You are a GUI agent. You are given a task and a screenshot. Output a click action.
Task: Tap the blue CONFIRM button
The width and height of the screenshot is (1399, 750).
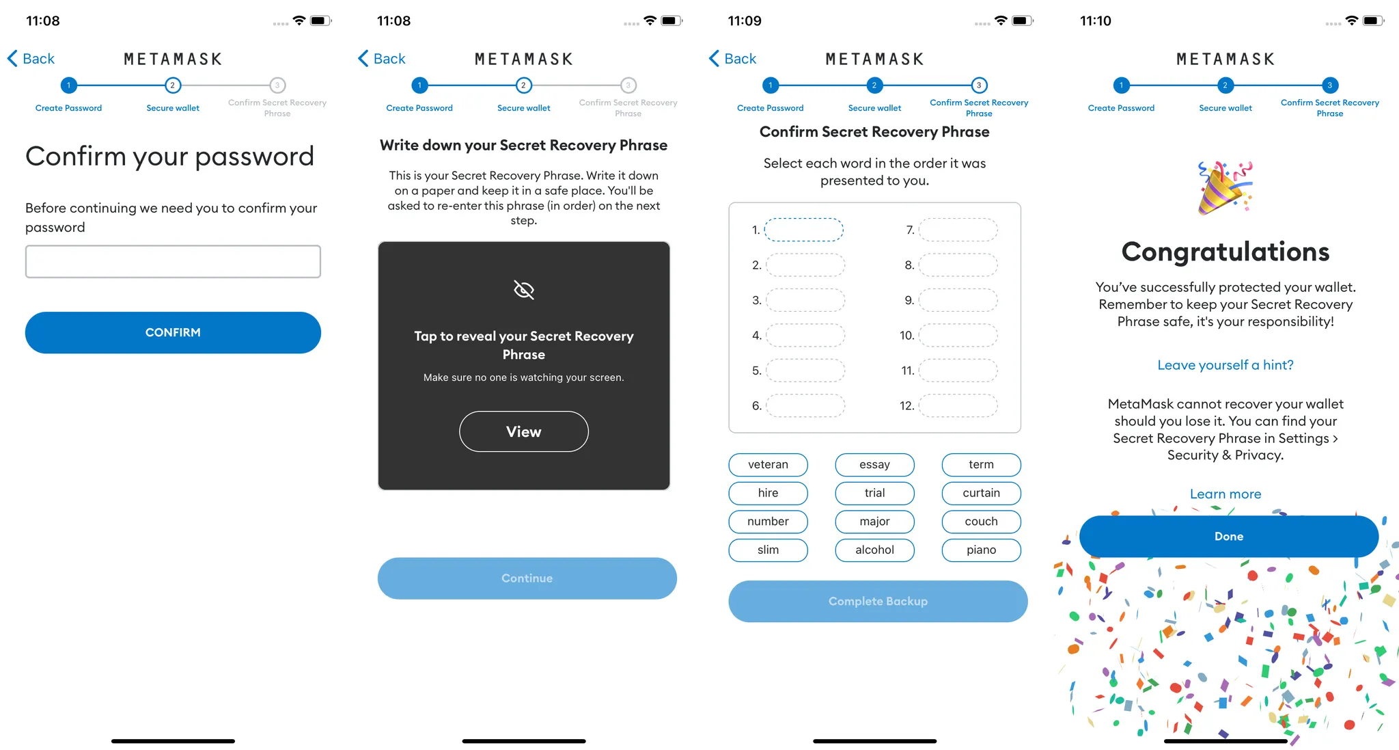coord(173,332)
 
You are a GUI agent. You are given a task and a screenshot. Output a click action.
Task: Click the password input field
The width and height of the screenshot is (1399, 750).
coord(173,261)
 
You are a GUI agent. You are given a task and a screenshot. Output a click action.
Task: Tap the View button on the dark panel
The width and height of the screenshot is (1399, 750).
coord(524,431)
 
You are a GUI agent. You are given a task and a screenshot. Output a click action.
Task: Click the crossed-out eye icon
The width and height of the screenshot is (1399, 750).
coord(524,290)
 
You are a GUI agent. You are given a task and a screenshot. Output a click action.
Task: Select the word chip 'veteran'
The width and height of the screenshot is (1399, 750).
coord(768,464)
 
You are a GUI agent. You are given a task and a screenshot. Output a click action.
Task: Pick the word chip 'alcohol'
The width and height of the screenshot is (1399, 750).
coord(874,550)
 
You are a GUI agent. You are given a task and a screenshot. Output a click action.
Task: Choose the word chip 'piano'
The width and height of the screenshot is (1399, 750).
coord(981,550)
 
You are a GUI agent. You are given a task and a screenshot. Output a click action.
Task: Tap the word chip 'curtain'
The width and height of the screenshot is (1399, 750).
coord(981,493)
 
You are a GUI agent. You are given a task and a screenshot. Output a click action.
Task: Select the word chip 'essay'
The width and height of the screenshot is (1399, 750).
coord(874,464)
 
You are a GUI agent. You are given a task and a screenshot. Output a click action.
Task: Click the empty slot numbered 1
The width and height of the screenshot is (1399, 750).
coord(804,230)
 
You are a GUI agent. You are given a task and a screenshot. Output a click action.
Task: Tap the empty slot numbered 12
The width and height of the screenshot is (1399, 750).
coord(958,405)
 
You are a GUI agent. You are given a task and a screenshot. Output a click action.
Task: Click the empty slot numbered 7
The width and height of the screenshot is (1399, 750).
coord(958,230)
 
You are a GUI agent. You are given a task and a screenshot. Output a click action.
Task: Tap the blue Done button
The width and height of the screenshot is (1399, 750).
coord(1229,537)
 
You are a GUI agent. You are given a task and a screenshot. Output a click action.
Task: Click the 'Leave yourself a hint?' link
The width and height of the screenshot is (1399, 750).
coord(1225,365)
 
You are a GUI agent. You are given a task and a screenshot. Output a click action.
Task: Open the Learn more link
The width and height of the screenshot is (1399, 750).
coord(1225,494)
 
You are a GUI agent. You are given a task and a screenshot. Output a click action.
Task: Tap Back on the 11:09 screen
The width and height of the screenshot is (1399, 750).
coord(732,59)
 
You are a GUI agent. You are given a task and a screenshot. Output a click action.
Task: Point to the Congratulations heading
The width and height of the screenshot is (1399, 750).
coord(1225,252)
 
